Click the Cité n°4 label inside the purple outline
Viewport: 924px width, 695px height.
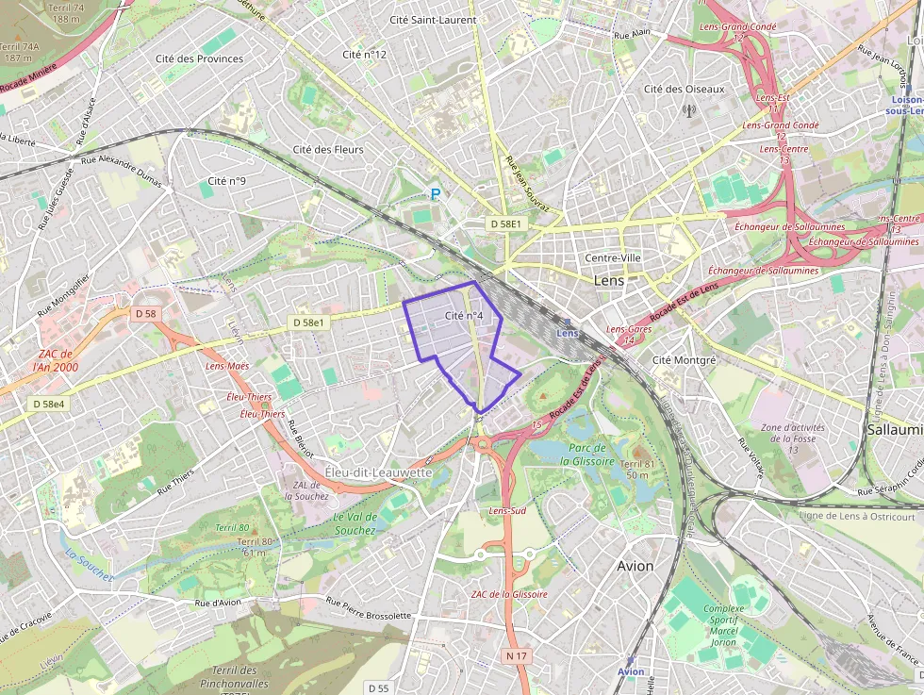click(463, 316)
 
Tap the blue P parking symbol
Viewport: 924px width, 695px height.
click(436, 194)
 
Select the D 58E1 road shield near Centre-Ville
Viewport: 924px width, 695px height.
click(505, 224)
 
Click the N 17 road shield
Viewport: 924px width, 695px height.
click(515, 655)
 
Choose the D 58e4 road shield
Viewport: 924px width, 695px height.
click(49, 404)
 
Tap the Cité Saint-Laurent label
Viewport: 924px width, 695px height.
click(433, 20)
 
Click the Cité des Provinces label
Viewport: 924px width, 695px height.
click(199, 58)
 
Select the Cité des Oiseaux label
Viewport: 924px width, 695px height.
click(684, 90)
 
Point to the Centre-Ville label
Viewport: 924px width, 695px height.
click(613, 258)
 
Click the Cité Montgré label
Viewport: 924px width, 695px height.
click(685, 360)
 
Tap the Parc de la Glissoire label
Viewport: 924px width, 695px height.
click(586, 455)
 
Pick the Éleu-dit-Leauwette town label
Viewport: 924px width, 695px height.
click(377, 472)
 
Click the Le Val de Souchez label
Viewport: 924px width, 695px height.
click(355, 523)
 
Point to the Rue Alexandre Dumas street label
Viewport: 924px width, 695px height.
click(122, 171)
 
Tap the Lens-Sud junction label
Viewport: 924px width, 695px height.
click(506, 511)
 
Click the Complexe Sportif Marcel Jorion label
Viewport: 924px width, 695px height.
click(723, 625)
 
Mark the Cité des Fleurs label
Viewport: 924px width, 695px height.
click(328, 149)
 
